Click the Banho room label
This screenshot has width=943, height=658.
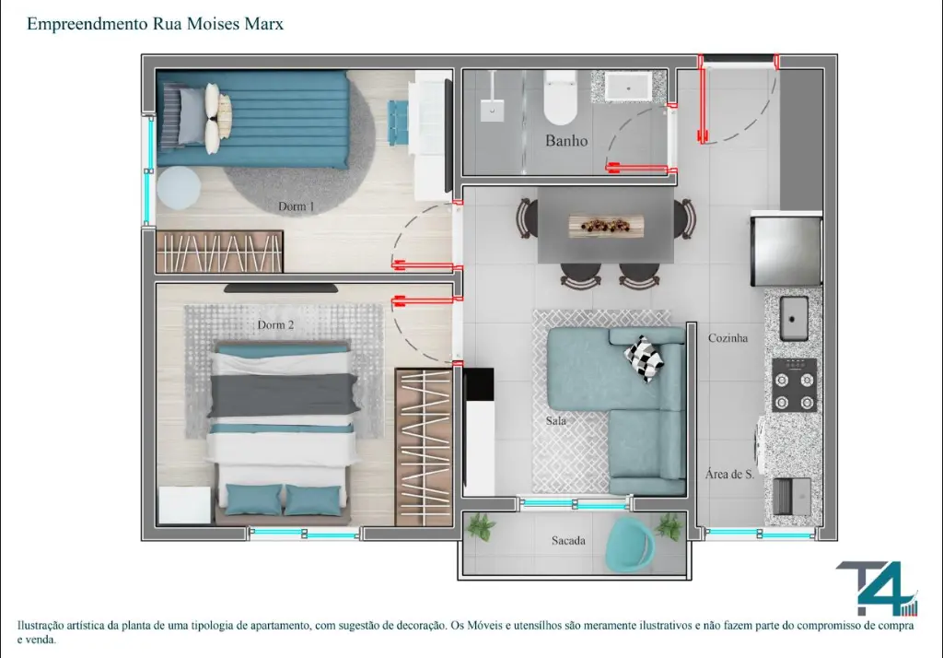pyautogui.click(x=566, y=141)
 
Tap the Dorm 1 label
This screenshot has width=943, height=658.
pyautogui.click(x=296, y=206)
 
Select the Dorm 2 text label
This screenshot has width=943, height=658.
pyautogui.click(x=275, y=325)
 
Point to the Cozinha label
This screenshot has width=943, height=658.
pyautogui.click(x=728, y=338)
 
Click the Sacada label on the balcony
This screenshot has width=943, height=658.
pyautogui.click(x=568, y=541)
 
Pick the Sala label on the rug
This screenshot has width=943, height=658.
pyautogui.click(x=555, y=421)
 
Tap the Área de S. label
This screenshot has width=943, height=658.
pyautogui.click(x=729, y=475)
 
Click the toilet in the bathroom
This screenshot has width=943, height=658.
pyautogui.click(x=561, y=97)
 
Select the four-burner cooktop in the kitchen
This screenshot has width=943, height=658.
pyautogui.click(x=795, y=384)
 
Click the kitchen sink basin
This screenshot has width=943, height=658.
pyautogui.click(x=794, y=318)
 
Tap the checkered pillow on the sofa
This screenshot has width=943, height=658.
pyautogui.click(x=644, y=358)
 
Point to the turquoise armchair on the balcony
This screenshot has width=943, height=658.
pyautogui.click(x=630, y=545)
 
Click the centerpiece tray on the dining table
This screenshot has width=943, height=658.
pyautogui.click(x=606, y=226)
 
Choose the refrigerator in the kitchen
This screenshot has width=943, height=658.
pyautogui.click(x=786, y=249)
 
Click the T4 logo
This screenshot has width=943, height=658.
pyautogui.click(x=878, y=590)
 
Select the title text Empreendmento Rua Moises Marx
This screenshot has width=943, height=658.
pyautogui.click(x=155, y=24)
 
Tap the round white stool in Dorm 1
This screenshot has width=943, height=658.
pyautogui.click(x=179, y=187)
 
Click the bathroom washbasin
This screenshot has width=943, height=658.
pyautogui.click(x=628, y=86)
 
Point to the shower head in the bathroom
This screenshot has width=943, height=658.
pyautogui.click(x=493, y=111)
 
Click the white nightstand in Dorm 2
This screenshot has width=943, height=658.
pyautogui.click(x=184, y=505)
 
